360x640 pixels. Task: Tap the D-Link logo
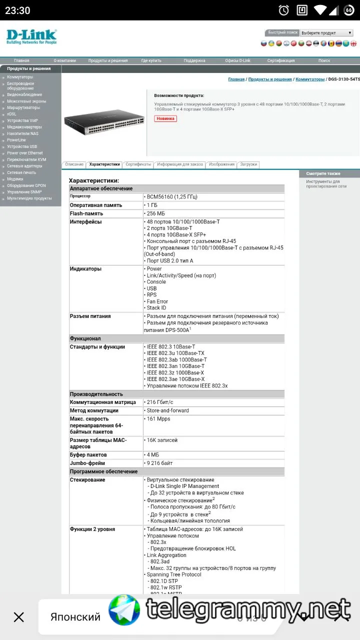[31, 36]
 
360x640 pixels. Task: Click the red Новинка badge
[165, 118]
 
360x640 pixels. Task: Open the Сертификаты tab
[138, 164]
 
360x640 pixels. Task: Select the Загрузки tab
[248, 164]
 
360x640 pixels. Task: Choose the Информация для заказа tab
[180, 164]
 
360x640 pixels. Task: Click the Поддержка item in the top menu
[194, 60]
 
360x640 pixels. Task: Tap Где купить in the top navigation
[151, 60]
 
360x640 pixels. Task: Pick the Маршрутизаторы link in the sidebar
[23, 107]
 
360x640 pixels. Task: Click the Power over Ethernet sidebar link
[25, 153]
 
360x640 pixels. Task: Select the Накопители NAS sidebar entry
[22, 133]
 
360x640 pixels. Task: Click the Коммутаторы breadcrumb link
[310, 79]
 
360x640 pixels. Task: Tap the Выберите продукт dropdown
[326, 33]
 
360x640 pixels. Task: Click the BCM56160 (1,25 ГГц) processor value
[172, 197]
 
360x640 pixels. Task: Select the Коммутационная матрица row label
[103, 402]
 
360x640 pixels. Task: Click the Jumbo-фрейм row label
[89, 463]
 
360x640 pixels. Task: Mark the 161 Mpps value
[158, 419]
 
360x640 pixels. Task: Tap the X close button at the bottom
[19, 617]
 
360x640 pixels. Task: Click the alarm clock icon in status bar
[283, 10]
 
